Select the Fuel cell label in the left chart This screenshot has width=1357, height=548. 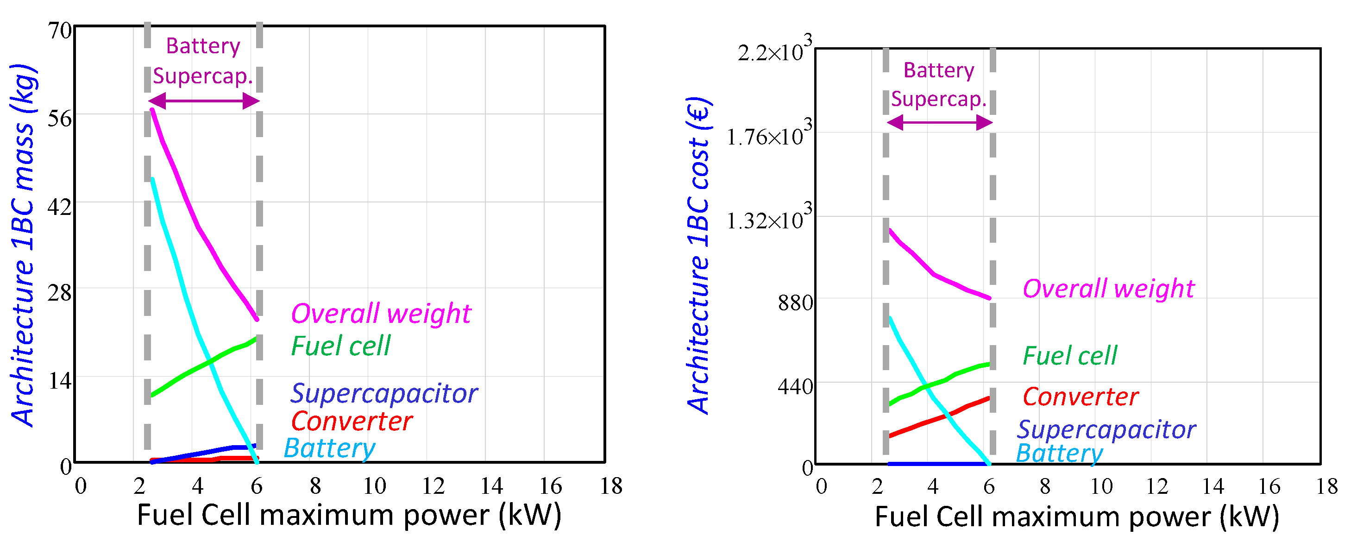pyautogui.click(x=340, y=346)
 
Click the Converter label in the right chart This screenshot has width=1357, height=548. pyautogui.click(x=1080, y=397)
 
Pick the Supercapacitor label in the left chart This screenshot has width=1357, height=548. pyautogui.click(x=383, y=394)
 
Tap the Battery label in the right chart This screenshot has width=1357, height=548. pyautogui.click(x=1059, y=453)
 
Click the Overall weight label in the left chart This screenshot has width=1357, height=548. pyautogui.click(x=380, y=314)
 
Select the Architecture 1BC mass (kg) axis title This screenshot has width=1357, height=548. pyautogui.click(x=22, y=245)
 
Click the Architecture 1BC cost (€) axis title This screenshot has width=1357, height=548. pyautogui.click(x=698, y=256)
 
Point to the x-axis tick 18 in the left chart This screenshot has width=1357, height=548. pyautogui.click(x=610, y=486)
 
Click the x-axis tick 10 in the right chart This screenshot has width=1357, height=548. pyautogui.click(x=1101, y=486)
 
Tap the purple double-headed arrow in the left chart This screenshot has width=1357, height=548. pyautogui.click(x=204, y=101)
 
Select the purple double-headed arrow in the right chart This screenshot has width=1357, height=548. pyautogui.click(x=939, y=123)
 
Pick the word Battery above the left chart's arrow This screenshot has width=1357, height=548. pyautogui.click(x=203, y=46)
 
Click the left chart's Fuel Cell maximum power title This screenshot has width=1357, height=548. pyautogui.click(x=349, y=515)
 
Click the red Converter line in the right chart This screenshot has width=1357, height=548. pyautogui.click(x=938, y=419)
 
